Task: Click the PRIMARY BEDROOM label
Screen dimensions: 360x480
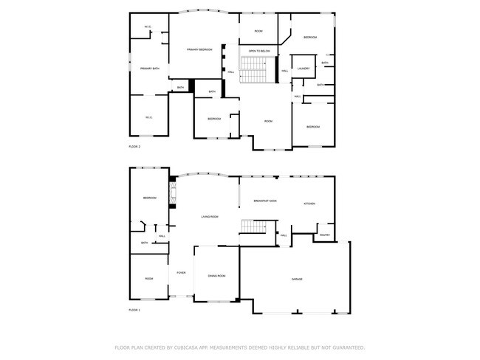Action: [x=199, y=49]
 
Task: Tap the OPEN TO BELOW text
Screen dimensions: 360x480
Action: [x=259, y=51]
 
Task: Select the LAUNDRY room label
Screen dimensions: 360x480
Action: [x=303, y=69]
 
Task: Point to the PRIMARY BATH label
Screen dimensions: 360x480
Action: [x=150, y=69]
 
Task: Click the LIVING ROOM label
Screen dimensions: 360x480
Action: [x=210, y=217]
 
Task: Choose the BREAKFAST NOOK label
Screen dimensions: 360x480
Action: [x=265, y=201]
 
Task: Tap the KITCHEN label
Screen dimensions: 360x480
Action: [x=309, y=204]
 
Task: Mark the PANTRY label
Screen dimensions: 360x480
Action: [x=324, y=235]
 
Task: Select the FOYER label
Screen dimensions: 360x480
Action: [x=181, y=273]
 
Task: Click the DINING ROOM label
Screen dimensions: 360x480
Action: [x=216, y=275]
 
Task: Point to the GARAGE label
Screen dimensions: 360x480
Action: [x=297, y=279]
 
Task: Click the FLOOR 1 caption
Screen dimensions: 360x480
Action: [x=134, y=311]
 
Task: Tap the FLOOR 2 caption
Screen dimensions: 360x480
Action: [x=134, y=147]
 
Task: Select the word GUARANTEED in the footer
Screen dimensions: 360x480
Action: [x=347, y=347]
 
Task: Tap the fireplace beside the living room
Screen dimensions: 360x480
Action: [x=173, y=195]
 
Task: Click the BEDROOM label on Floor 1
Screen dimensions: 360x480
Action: [x=150, y=198]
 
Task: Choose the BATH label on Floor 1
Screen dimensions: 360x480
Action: [x=145, y=243]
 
